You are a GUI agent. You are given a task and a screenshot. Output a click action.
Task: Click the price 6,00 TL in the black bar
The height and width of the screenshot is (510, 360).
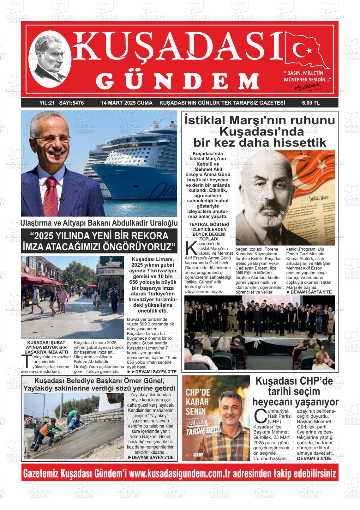tap(311, 103)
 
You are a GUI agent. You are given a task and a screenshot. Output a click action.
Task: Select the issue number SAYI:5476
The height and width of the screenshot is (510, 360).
tap(71, 103)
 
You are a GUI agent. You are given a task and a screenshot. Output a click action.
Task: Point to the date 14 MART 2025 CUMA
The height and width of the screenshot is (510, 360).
tap(127, 103)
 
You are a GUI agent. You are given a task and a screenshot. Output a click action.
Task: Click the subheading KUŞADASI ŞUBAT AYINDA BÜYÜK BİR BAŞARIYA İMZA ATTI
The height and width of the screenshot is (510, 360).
tap(46, 347)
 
